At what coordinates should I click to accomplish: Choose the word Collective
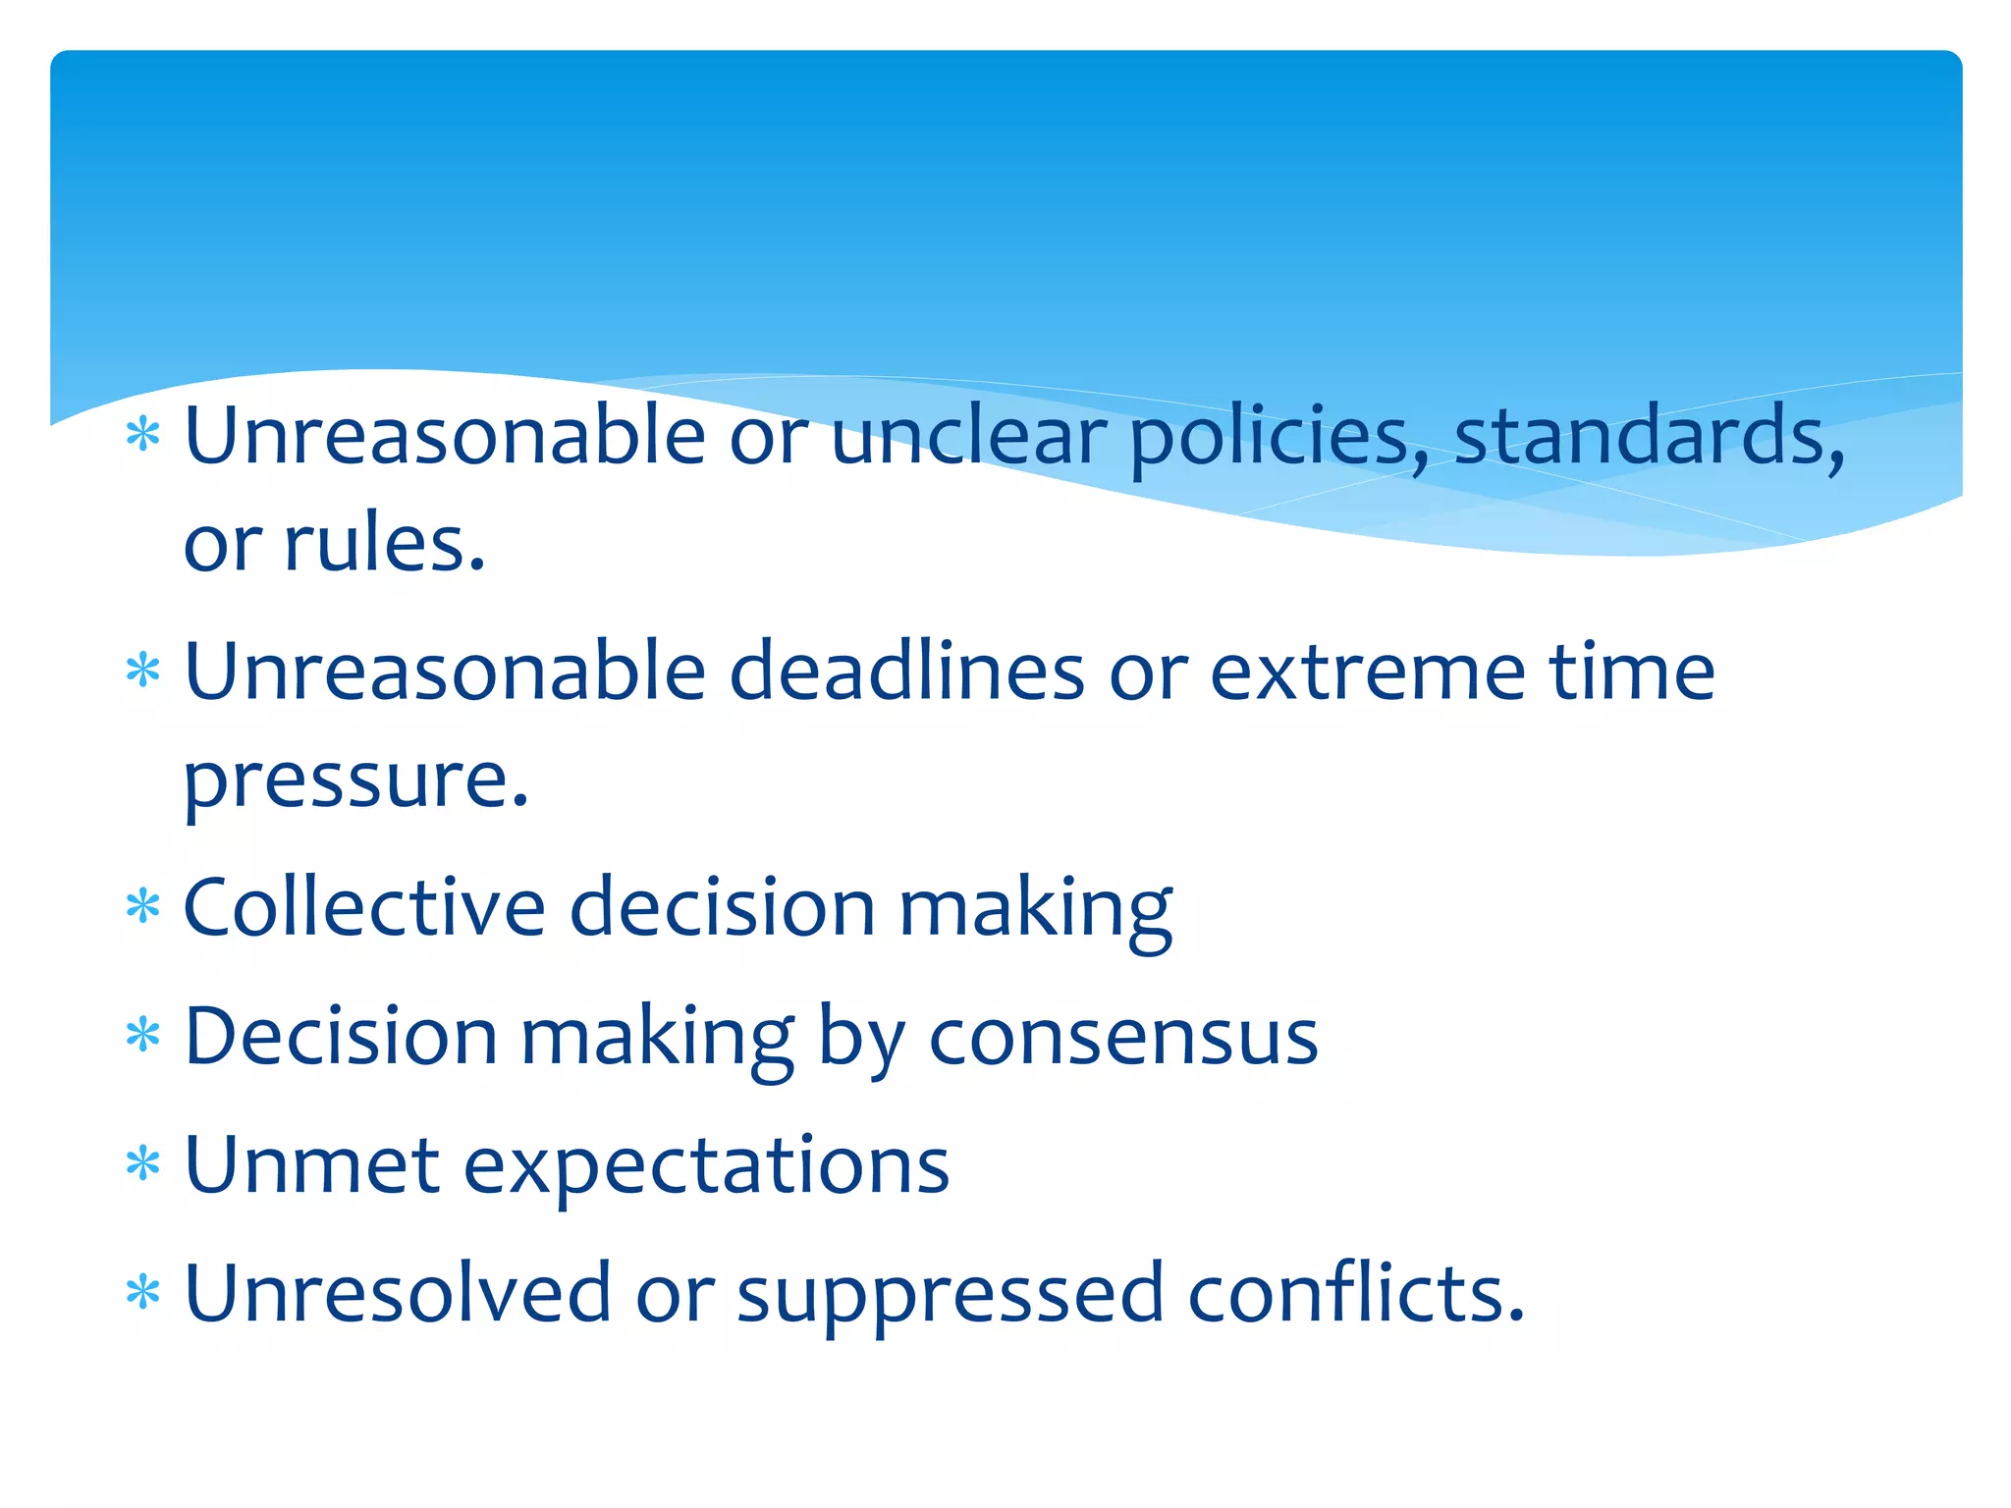coord(364,907)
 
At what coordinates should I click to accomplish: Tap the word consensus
coord(1123,1039)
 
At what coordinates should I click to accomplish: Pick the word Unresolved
coord(398,1294)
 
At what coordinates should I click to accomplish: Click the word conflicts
coord(1355,1294)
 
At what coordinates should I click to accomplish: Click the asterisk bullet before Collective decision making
coord(143,906)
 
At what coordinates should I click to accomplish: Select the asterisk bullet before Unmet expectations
coord(143,1163)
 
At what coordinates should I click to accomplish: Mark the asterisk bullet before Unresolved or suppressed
coord(143,1292)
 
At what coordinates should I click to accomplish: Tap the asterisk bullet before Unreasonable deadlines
coord(143,672)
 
